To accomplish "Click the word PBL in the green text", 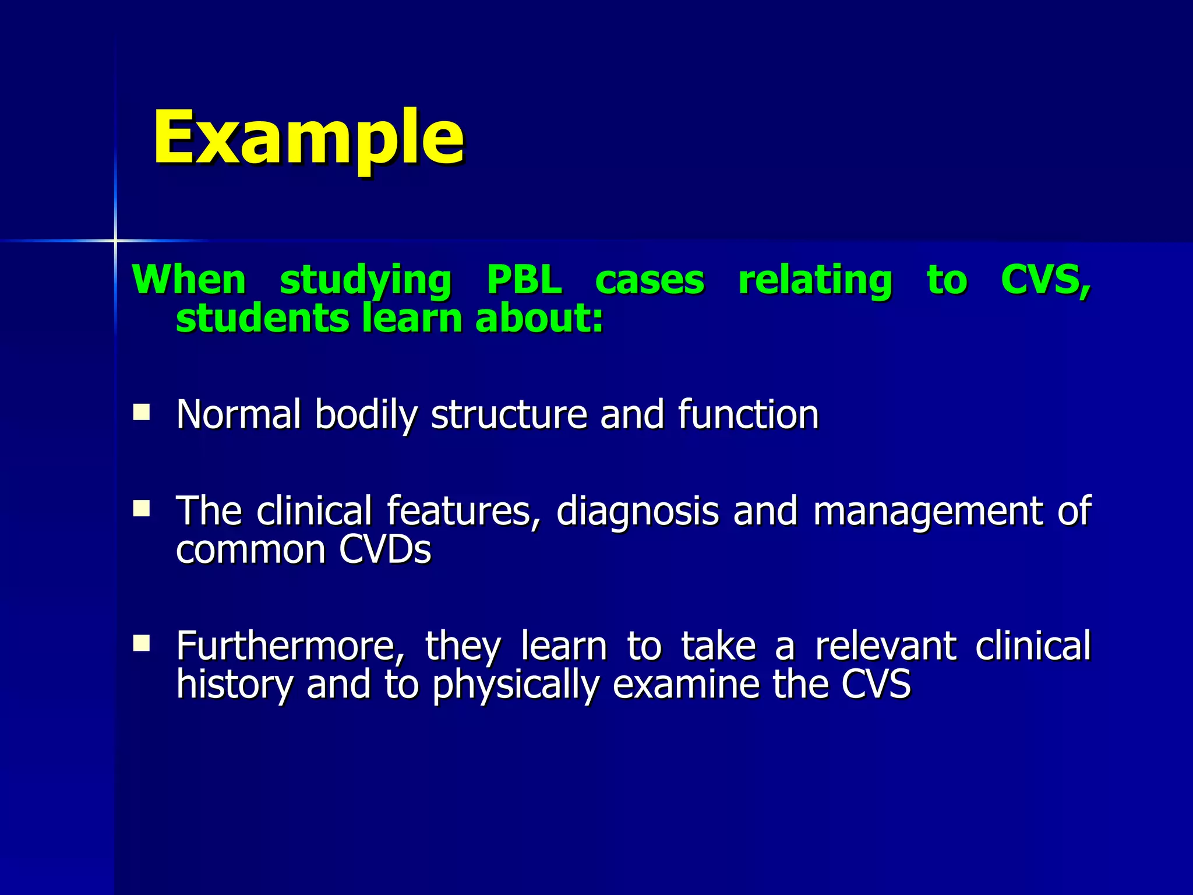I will tap(524, 280).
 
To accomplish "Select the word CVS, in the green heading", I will tap(1045, 280).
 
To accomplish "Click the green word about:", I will tap(539, 318).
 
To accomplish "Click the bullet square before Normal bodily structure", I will tap(141, 413).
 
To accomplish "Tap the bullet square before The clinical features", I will tap(141, 509).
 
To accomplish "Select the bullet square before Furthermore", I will tap(141, 643).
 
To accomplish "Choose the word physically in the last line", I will tap(516, 685).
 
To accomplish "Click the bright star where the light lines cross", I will tap(115, 240).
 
